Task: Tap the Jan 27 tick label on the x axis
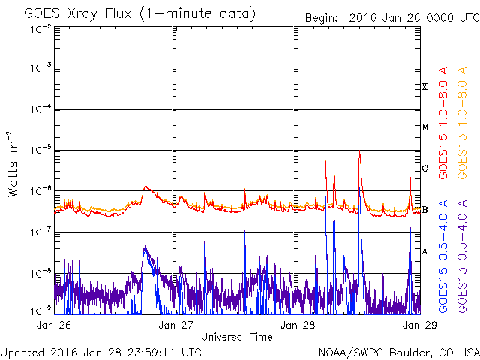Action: tap(178, 325)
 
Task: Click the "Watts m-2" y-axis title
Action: tap(13, 163)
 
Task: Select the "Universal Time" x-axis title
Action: tap(237, 337)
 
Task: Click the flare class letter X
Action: tap(424, 87)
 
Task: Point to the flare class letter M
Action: tap(424, 127)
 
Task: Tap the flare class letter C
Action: tap(424, 168)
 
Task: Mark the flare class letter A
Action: tap(424, 250)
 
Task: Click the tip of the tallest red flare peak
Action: tap(360, 152)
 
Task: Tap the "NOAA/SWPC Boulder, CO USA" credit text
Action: tap(398, 352)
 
